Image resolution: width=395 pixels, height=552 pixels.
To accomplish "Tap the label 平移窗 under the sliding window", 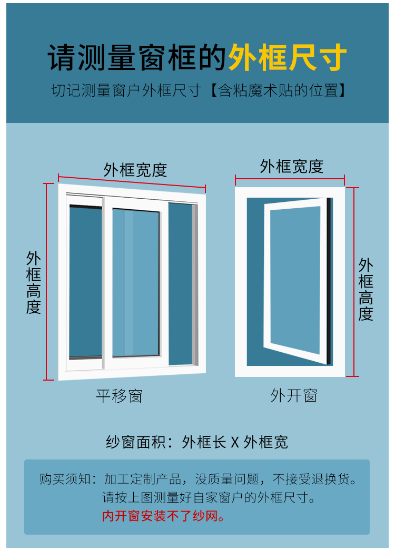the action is tap(119, 395).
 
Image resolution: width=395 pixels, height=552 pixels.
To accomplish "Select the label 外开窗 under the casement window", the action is tap(294, 395).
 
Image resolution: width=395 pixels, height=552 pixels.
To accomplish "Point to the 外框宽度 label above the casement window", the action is tap(291, 166).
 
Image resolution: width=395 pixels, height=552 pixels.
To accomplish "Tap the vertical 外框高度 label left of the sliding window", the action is tap(34, 282).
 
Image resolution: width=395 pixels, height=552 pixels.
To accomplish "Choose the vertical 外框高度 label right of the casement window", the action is tap(366, 289).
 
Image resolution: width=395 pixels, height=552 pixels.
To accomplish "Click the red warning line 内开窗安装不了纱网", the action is tap(163, 516).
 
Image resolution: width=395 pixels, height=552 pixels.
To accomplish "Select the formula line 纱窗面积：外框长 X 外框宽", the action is tap(197, 442).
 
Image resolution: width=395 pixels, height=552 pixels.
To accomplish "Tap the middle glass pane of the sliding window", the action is tap(135, 283).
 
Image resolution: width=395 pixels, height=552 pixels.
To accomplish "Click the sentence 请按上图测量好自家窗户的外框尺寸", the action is tap(209, 497).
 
